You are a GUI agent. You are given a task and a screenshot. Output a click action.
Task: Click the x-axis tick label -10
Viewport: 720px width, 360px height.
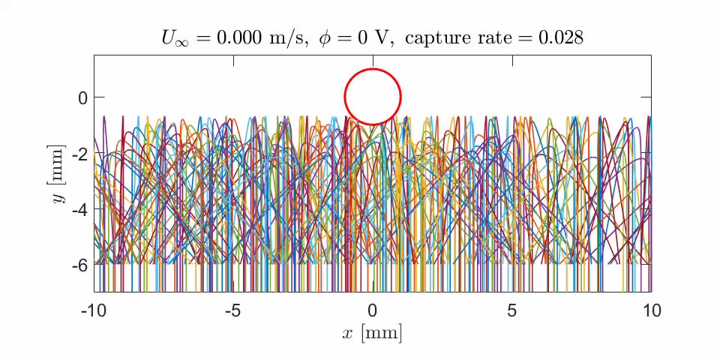pyautogui.click(x=94, y=310)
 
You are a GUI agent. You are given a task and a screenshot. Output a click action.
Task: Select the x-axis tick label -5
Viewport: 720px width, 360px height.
pyautogui.click(x=233, y=310)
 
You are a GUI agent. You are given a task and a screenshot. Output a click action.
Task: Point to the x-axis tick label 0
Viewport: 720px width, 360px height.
pyautogui.click(x=373, y=310)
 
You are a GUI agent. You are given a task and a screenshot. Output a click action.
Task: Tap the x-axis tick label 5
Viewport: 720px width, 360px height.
pyautogui.click(x=512, y=310)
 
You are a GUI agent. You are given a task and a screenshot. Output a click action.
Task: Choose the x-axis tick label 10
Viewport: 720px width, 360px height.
pyautogui.click(x=651, y=310)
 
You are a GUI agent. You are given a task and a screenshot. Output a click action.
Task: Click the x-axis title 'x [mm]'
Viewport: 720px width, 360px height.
pyautogui.click(x=373, y=332)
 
